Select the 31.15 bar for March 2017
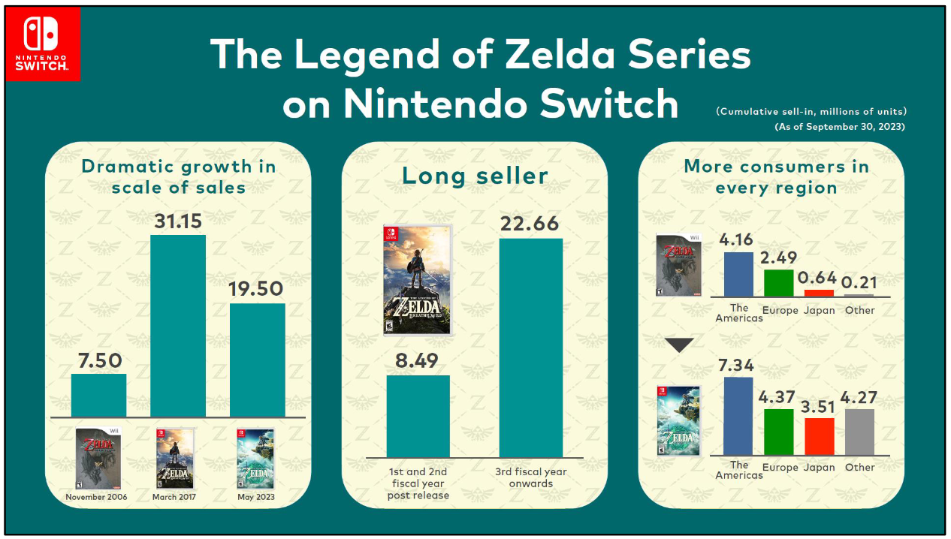coord(178,326)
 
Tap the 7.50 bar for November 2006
coord(98,395)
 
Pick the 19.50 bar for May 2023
coord(257,360)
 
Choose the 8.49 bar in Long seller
coord(418,416)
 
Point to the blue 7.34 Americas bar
coord(738,416)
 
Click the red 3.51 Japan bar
coord(820,436)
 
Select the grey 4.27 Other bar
coord(859,432)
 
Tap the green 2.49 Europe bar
coord(778,282)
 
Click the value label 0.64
coord(820,279)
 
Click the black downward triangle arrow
coord(680,345)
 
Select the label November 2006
coord(96,497)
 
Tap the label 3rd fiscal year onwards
coord(530,477)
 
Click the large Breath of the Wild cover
coord(418,279)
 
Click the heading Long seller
coord(475,176)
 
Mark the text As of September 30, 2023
coord(839,127)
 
